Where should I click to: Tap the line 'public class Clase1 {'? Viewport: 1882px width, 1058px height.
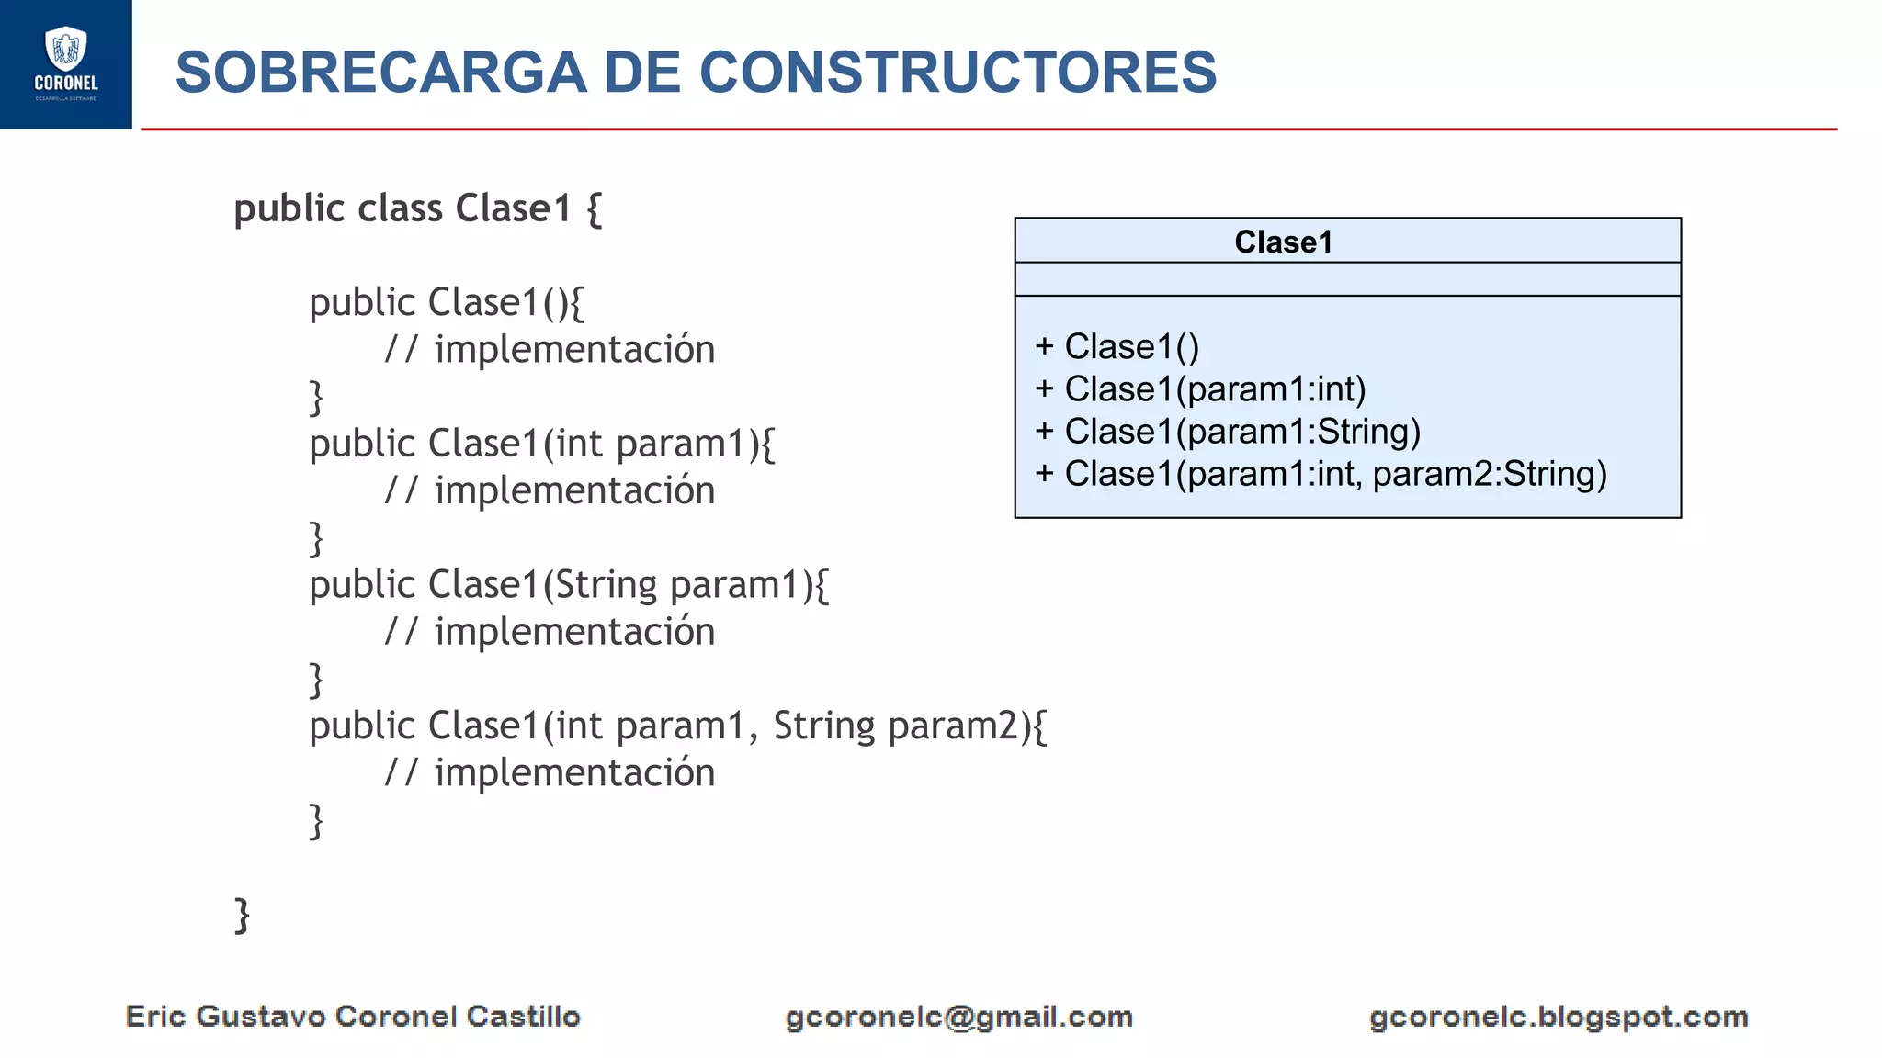(418, 209)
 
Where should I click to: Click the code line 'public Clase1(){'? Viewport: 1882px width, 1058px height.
(447, 303)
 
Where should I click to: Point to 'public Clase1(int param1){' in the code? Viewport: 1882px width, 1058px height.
(542, 445)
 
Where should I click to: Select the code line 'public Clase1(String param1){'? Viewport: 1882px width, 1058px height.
(569, 586)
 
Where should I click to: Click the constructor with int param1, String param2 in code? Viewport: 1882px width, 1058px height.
(677, 726)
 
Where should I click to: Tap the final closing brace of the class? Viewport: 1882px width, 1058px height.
(242, 916)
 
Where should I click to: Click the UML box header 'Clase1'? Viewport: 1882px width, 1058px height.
(1283, 242)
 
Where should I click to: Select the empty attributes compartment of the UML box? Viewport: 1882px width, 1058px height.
(1347, 279)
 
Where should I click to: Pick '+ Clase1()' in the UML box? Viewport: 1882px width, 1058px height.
(1117, 347)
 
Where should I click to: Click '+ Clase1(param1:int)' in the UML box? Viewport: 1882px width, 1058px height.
(1200, 389)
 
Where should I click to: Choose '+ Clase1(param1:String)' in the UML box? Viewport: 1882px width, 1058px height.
(1228, 432)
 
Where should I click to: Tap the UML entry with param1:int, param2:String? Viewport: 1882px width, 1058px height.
(1321, 474)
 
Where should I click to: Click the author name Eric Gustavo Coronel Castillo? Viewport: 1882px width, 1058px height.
(353, 1017)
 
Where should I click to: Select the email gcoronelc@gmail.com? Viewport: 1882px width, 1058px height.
(958, 1018)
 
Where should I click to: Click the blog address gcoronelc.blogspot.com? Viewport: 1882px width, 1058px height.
(1559, 1018)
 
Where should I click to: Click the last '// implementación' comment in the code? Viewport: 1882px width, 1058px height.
(550, 773)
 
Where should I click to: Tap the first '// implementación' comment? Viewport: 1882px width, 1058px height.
(550, 350)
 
